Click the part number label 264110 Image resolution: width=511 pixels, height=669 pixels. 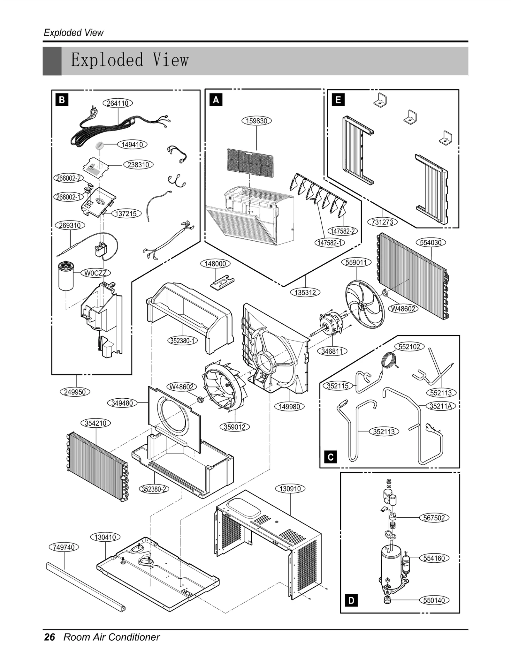tap(118, 103)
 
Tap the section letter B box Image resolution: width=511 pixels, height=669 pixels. tap(62, 100)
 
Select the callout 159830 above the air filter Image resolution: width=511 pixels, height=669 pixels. tap(256, 121)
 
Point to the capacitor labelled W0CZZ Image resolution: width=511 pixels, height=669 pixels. tap(66, 275)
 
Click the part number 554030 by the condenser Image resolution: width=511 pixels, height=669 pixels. tap(431, 243)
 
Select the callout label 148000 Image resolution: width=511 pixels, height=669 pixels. tap(215, 264)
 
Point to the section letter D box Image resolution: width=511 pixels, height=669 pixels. tap(351, 600)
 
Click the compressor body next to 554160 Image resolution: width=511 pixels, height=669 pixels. tap(391, 565)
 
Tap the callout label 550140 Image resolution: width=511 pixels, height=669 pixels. tap(434, 600)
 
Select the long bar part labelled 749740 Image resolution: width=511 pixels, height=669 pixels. tap(86, 587)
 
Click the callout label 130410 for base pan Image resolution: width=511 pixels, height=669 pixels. tap(105, 537)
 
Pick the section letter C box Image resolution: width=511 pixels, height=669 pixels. tap(331, 457)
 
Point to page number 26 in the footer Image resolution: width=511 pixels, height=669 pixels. tap(50, 637)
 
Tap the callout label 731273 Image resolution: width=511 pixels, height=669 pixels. tap(382, 222)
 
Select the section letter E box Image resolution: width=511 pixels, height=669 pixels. tap(338, 100)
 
